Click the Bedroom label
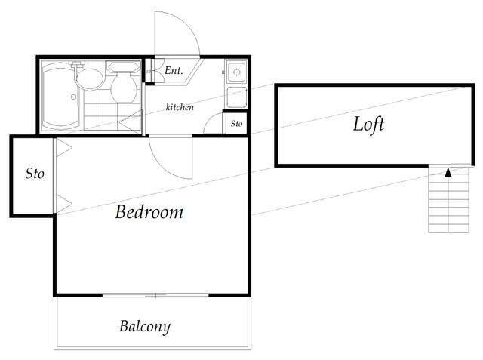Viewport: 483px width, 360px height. (x=149, y=212)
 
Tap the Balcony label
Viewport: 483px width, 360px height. (x=145, y=327)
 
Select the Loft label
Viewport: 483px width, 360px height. (x=369, y=124)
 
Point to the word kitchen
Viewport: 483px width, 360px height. (x=180, y=107)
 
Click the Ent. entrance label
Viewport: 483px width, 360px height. (x=174, y=70)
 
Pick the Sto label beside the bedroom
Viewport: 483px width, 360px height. (x=35, y=174)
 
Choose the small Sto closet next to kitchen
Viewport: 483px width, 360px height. (x=236, y=124)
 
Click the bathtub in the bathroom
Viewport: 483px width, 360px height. (x=61, y=96)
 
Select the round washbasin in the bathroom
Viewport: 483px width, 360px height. (x=89, y=79)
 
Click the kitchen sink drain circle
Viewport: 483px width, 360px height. (x=237, y=72)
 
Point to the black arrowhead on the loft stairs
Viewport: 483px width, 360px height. (x=448, y=173)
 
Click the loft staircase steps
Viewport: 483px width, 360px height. (x=449, y=199)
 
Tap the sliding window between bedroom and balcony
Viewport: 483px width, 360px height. (x=155, y=295)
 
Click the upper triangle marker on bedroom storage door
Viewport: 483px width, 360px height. (x=64, y=148)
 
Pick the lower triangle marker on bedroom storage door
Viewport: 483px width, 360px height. (x=64, y=204)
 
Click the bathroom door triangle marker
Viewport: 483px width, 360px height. (x=131, y=122)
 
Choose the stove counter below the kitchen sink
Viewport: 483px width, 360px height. (x=237, y=97)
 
